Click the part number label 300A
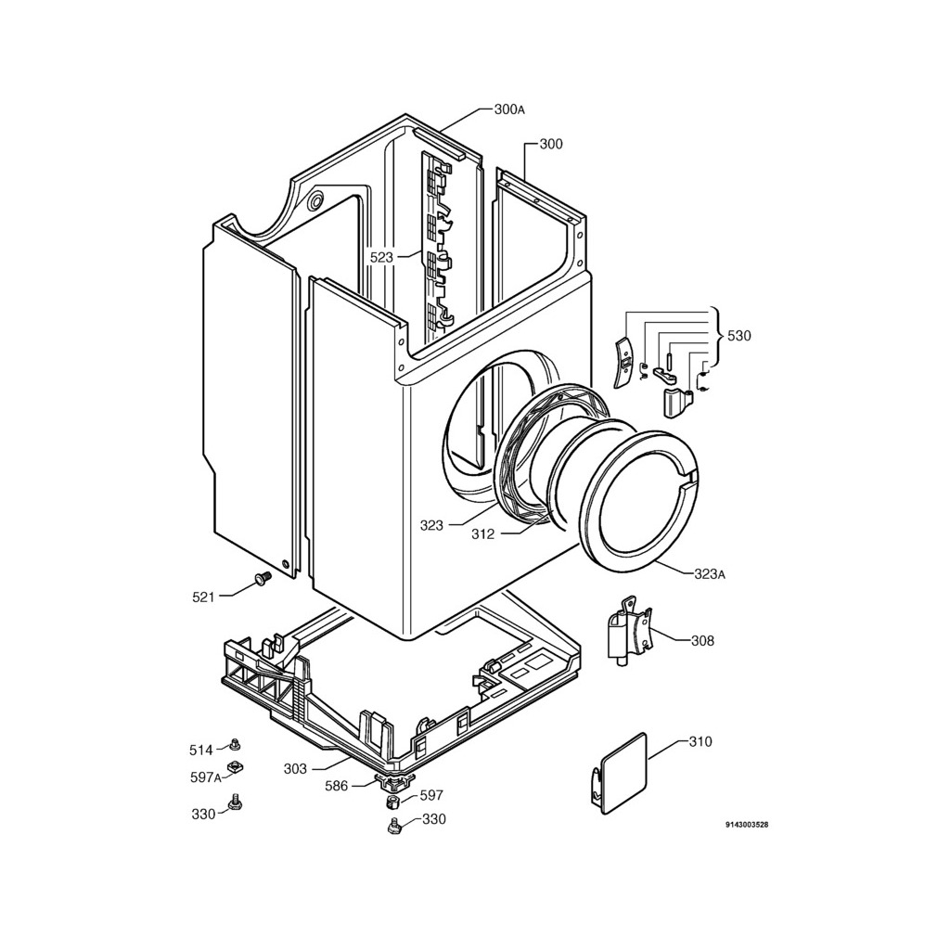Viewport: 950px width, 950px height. pyautogui.click(x=509, y=109)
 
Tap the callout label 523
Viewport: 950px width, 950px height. pyautogui.click(x=382, y=257)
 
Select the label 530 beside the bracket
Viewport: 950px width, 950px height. pyautogui.click(x=738, y=336)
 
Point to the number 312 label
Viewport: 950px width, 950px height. pyautogui.click(x=482, y=534)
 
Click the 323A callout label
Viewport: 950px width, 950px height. pyautogui.click(x=710, y=574)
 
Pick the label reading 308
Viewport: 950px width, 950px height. pyautogui.click(x=702, y=640)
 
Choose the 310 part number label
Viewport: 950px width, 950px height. pyautogui.click(x=700, y=742)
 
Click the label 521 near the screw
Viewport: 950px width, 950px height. pyautogui.click(x=203, y=597)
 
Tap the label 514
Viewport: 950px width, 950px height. pyautogui.click(x=201, y=750)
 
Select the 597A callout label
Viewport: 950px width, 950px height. pyautogui.click(x=206, y=778)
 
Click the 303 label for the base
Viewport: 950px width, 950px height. pyautogui.click(x=295, y=768)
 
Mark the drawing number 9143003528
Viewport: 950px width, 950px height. pyautogui.click(x=747, y=825)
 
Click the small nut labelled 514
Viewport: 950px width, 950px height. pyautogui.click(x=235, y=743)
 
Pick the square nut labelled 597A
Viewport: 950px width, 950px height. pyautogui.click(x=235, y=766)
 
